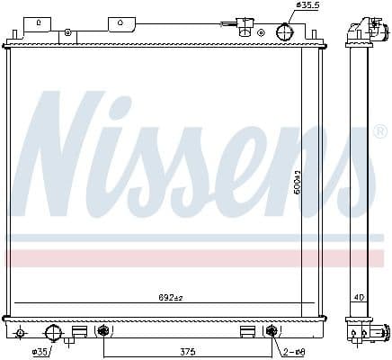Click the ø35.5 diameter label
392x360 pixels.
308,6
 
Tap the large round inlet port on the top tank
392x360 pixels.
284,31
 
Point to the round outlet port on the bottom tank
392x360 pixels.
54,333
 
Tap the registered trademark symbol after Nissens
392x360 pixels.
379,132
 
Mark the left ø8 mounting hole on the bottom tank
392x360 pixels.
102,331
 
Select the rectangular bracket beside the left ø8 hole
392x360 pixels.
80,331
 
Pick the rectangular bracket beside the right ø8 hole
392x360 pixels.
246,331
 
